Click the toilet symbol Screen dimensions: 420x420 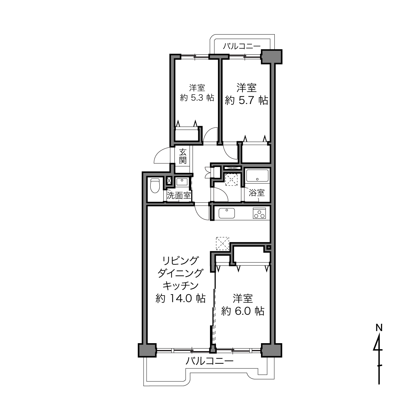point(155,186)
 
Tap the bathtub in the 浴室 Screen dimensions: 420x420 point(257,176)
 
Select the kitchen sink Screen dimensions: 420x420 point(227,213)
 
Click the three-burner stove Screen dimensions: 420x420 point(259,213)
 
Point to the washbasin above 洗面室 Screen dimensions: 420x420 point(182,181)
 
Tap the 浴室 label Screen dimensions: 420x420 point(257,193)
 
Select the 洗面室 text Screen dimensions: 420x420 point(179,196)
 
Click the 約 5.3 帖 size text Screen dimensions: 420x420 point(197,98)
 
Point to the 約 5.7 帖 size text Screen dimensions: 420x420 point(246,101)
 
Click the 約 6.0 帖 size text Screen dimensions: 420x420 point(243,311)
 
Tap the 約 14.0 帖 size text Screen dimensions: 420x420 point(181,298)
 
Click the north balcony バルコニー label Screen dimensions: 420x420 point(242,46)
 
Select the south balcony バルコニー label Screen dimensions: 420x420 point(209,361)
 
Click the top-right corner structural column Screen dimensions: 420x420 point(272,57)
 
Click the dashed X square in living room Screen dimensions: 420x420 point(222,244)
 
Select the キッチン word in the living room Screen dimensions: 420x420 point(181,285)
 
